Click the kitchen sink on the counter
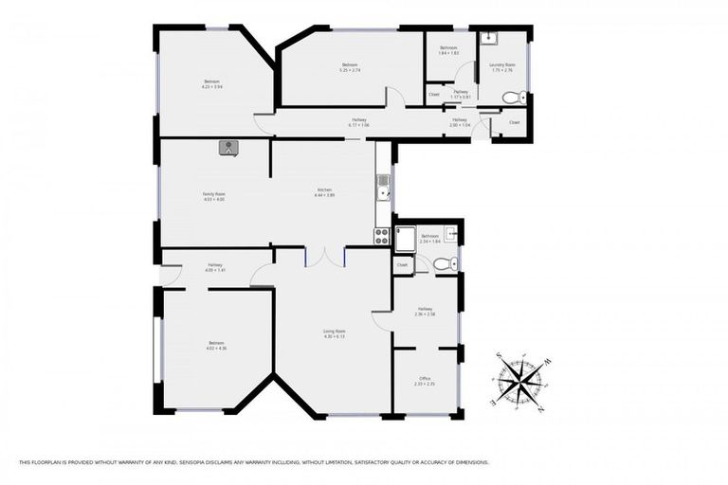pos(382,193)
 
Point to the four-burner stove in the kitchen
pos(382,237)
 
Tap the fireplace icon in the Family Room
pos(228,147)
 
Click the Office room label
pos(425,381)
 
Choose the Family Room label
pos(214,196)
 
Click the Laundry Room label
pos(501,66)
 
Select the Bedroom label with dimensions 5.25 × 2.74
pos(351,66)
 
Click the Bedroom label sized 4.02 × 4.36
pos(216,345)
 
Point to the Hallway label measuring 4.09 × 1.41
pos(215,267)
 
